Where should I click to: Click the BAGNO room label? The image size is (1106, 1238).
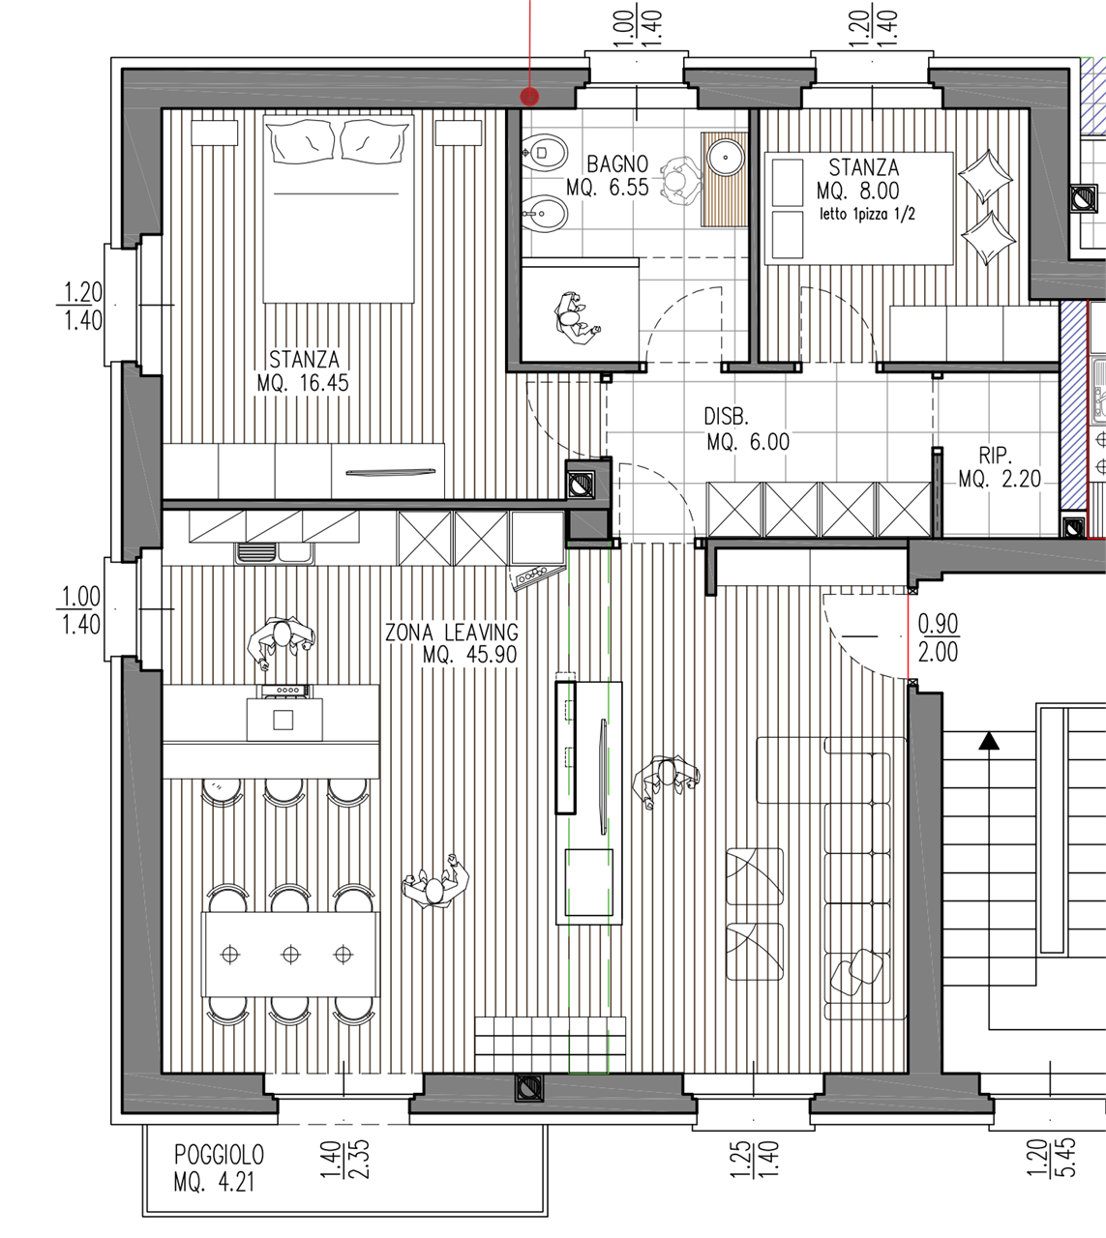click(x=617, y=163)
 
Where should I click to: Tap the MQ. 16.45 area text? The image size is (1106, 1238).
click(x=303, y=383)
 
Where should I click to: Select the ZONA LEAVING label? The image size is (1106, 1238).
click(x=451, y=632)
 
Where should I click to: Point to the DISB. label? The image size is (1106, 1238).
click(x=726, y=417)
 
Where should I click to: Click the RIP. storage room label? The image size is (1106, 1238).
click(x=996, y=456)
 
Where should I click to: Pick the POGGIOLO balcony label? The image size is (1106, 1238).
click(x=219, y=1155)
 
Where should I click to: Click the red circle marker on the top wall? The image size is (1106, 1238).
click(x=529, y=97)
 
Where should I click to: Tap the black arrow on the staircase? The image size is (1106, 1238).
click(x=989, y=741)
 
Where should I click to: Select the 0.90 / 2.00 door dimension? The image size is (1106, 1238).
click(x=938, y=638)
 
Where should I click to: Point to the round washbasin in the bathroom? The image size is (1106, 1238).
click(x=725, y=157)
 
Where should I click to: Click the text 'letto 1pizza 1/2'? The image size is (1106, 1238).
click(x=867, y=214)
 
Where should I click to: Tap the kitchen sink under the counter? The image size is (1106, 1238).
click(x=275, y=553)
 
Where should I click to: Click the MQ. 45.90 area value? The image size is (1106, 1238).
click(x=469, y=655)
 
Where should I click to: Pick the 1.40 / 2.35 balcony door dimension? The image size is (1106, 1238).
click(x=344, y=1159)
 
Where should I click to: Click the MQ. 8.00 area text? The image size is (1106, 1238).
click(x=857, y=191)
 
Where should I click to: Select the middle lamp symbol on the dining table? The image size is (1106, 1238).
click(x=290, y=954)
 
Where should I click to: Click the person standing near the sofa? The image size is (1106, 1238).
click(x=665, y=781)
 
